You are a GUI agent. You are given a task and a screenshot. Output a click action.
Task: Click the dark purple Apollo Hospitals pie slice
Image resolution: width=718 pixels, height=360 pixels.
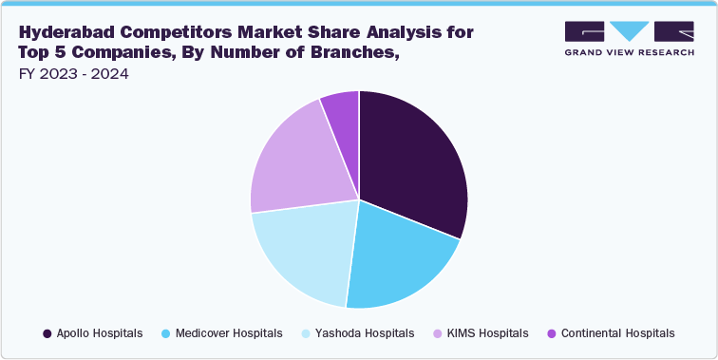coord(413,161)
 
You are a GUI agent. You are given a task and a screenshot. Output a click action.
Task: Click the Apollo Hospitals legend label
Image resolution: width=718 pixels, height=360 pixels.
coord(99,333)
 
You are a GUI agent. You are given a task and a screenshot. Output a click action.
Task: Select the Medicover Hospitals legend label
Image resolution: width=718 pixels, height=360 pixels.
coord(229,333)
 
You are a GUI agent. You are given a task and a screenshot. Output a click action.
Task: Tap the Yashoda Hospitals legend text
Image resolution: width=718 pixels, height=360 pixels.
coord(364,333)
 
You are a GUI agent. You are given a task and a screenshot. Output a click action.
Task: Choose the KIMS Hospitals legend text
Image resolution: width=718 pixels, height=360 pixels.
coord(488,333)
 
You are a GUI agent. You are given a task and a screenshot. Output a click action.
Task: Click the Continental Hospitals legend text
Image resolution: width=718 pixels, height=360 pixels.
coord(617,333)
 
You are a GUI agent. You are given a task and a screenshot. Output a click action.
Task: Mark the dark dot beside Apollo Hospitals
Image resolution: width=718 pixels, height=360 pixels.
coord(47,333)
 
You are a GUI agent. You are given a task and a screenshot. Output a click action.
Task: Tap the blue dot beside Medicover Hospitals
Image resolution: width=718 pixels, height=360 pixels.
coord(165,333)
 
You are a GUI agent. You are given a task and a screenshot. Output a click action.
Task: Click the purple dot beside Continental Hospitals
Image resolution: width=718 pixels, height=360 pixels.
coord(552,333)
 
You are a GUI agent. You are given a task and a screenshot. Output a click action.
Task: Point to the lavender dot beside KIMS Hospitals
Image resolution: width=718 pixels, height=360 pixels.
coord(437,333)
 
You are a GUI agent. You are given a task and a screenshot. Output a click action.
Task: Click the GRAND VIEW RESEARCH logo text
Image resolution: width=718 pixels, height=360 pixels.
coord(628,51)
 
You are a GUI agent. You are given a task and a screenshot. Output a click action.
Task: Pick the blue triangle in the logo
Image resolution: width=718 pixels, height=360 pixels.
coord(628,29)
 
